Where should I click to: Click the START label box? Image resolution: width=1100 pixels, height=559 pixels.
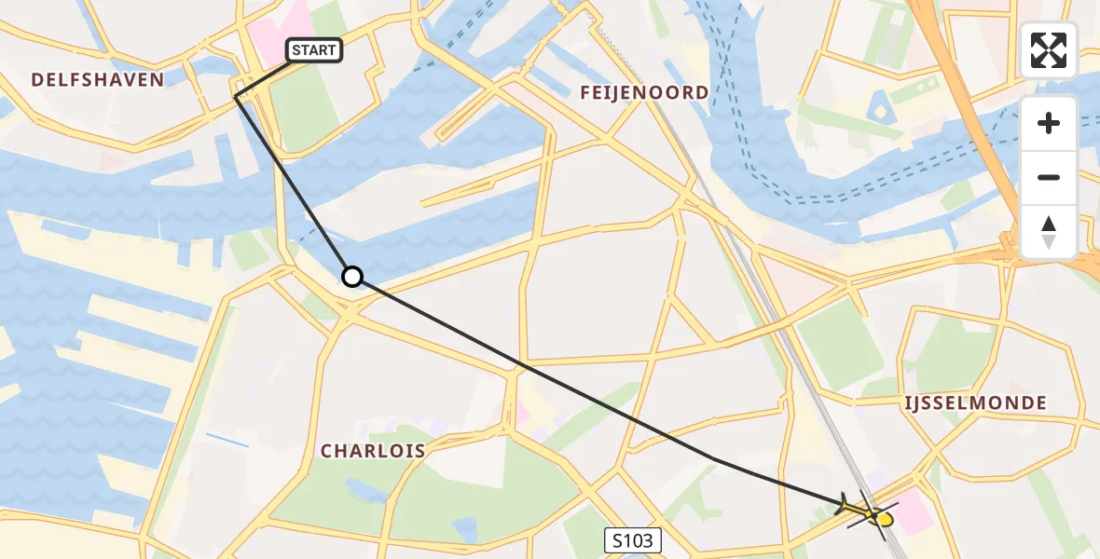(x=314, y=50)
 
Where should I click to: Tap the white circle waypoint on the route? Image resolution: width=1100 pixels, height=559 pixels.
(x=352, y=277)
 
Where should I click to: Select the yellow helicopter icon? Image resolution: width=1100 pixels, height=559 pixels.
(x=867, y=511)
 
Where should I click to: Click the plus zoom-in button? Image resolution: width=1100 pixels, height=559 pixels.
(x=1049, y=124)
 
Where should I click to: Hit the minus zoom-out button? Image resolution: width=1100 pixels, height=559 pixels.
(x=1049, y=178)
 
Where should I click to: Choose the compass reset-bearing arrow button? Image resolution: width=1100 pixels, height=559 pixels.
(x=1049, y=232)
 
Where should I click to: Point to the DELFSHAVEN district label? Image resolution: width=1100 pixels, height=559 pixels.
(x=98, y=80)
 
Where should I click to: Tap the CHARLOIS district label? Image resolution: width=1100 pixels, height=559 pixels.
(x=373, y=452)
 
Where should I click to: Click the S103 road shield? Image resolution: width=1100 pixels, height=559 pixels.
(x=633, y=539)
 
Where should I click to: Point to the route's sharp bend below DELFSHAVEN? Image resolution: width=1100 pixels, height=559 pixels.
(x=235, y=97)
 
